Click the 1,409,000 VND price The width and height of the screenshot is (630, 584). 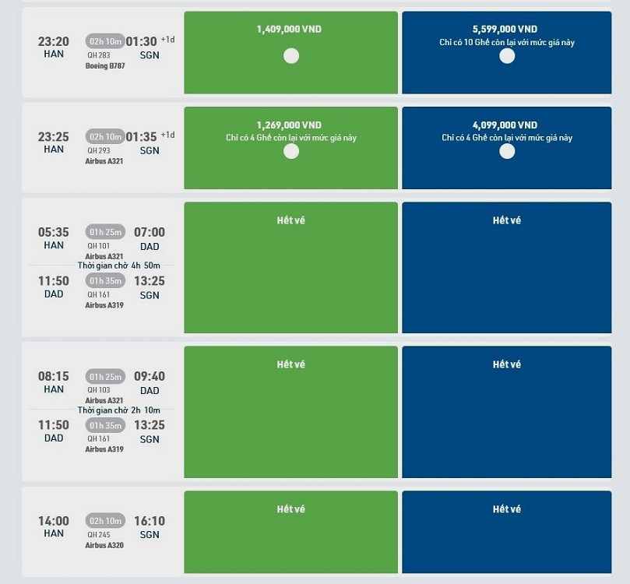click(289, 30)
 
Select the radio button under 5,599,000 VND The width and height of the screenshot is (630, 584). click(507, 56)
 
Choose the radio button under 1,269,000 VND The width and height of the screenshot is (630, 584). click(291, 151)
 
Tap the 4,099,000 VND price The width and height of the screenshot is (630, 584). click(506, 125)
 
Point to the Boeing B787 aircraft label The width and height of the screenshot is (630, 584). click(104, 66)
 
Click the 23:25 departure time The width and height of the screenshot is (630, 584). click(54, 137)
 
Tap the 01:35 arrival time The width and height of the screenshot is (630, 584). click(149, 137)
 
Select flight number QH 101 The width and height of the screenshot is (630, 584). click(98, 246)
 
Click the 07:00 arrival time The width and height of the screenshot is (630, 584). click(150, 232)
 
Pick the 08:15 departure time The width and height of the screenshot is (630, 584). click(54, 376)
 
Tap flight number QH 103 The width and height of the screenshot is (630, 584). click(98, 390)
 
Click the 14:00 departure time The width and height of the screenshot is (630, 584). click(54, 521)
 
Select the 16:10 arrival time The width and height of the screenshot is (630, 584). click(150, 521)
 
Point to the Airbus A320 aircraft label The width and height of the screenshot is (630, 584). click(104, 546)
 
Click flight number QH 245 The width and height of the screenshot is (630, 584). click(98, 535)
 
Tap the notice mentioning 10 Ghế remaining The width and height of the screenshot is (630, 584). click(506, 42)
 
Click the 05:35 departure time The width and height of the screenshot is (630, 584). click(54, 232)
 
